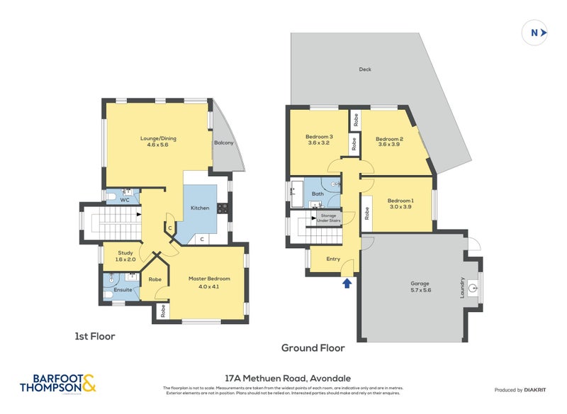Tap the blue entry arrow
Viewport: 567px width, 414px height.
click(x=347, y=284)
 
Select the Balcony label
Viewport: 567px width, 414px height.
click(x=223, y=142)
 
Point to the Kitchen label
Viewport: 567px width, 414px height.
click(x=199, y=208)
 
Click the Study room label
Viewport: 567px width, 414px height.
click(x=125, y=256)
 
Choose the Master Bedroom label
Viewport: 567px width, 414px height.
click(x=208, y=282)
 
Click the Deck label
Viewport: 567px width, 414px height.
click(x=365, y=69)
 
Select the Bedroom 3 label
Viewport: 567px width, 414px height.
click(x=319, y=140)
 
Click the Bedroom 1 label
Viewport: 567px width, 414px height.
click(x=400, y=203)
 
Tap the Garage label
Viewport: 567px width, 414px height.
click(x=420, y=286)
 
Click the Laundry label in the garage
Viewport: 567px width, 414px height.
click(x=463, y=287)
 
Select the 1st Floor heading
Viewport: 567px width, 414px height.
click(x=95, y=336)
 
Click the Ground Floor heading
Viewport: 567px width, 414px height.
click(x=313, y=348)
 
